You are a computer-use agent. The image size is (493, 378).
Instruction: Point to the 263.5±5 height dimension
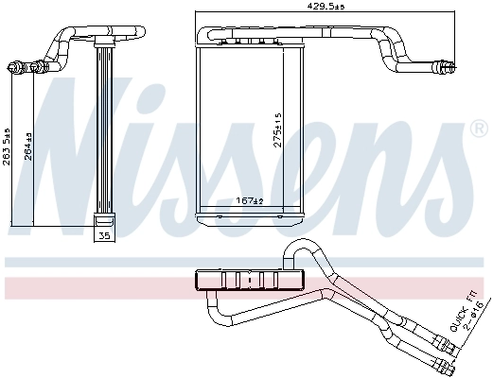8,147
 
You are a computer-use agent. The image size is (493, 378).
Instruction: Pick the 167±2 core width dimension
247,200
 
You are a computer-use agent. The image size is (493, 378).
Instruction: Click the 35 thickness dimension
104,234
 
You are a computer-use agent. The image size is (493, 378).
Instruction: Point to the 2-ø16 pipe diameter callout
478,317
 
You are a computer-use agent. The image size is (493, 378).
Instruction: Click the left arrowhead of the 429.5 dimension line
198,12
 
